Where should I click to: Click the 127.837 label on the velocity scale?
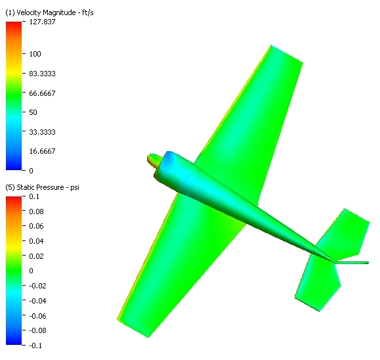click(x=42, y=22)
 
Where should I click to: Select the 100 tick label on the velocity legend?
click(x=35, y=54)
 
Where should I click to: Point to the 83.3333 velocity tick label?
click(x=42, y=74)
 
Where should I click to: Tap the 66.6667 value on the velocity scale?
click(x=42, y=93)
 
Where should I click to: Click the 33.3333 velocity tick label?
click(x=42, y=132)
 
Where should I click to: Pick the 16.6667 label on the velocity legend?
click(x=42, y=151)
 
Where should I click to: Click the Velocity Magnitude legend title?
click(x=49, y=12)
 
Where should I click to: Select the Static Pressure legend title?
click(x=42, y=187)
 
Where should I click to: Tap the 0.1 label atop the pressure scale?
click(x=34, y=196)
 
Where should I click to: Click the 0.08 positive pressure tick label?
click(x=36, y=212)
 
